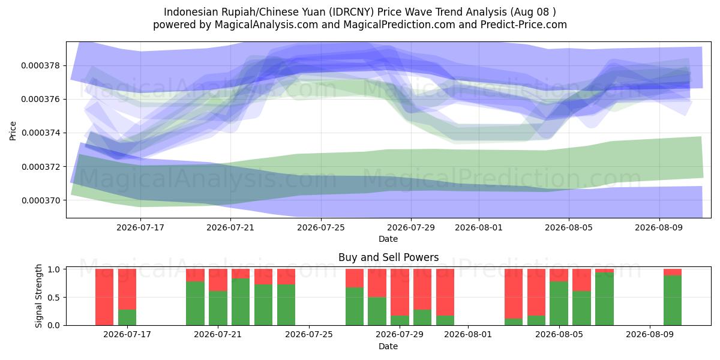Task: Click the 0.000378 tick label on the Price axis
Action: [41, 66]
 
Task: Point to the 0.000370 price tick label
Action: [41, 200]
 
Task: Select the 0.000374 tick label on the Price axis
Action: [41, 133]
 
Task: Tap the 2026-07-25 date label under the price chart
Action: [321, 227]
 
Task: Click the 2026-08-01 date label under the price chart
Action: [479, 227]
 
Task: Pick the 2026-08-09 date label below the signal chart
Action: [650, 335]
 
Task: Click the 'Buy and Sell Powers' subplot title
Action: [388, 257]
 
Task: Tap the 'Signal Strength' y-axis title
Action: [38, 296]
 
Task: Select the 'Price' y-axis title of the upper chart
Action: [13, 131]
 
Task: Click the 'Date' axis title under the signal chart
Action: [388, 346]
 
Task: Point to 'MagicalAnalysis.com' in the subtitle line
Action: [266, 25]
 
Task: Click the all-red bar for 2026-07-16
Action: [104, 297]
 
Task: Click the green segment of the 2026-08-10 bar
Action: [673, 300]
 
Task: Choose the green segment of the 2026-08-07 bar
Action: [604, 299]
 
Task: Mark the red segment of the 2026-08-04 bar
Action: [536, 292]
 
